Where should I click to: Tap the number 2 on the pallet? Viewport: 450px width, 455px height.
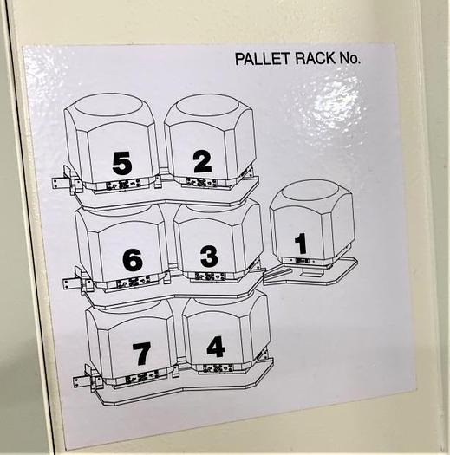point(202,162)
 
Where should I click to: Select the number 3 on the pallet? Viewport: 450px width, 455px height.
point(209,257)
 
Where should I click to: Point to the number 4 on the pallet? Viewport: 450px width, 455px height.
point(216,347)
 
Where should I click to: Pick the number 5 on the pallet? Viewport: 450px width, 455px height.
point(122,164)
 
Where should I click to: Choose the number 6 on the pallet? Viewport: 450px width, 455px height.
point(133,260)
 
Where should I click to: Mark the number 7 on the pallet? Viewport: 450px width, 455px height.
point(141,354)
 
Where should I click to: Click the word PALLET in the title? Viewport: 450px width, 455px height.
point(263,59)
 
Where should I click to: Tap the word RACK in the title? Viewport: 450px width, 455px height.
point(316,58)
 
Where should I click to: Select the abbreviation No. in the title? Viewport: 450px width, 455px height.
point(349,58)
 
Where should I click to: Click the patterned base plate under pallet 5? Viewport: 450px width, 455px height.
point(124,185)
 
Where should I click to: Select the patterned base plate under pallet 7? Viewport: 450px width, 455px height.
point(142,377)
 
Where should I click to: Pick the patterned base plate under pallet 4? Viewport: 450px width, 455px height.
point(218,368)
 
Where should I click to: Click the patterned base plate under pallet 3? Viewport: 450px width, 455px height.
point(210,276)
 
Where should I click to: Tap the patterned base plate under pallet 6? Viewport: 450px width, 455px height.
point(134,282)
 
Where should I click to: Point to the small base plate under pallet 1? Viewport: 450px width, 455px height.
point(303,261)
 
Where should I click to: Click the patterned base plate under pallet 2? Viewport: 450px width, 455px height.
point(201,182)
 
